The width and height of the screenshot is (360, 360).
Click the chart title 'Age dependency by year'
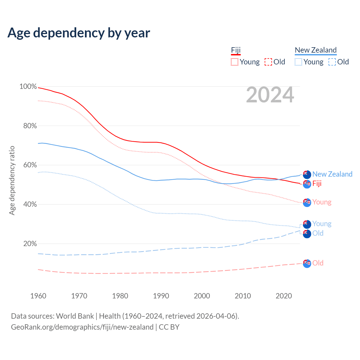tap(79, 33)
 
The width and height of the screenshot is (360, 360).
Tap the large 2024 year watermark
tap(270, 95)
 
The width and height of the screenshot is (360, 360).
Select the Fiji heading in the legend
tap(236, 50)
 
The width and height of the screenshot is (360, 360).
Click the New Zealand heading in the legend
tap(316, 50)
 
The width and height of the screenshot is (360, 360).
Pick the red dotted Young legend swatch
tap(235, 62)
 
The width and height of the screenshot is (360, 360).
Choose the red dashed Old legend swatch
tap(268, 62)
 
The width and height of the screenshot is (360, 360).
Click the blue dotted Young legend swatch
tap(298, 62)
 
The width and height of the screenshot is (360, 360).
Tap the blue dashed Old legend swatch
tap(332, 62)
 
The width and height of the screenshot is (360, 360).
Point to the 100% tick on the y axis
tap(28, 87)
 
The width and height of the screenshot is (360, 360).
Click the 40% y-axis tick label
tap(30, 204)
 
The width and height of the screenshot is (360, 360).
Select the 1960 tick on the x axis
tap(38, 296)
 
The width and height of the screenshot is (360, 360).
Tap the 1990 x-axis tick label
tap(161, 296)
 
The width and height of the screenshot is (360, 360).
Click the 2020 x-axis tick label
tap(284, 296)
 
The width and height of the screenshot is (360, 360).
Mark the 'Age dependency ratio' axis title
tap(12, 180)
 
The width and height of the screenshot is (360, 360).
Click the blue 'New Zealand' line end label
tap(332, 174)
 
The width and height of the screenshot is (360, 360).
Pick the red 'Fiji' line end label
tap(317, 184)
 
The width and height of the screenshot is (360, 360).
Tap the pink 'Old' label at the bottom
tap(318, 263)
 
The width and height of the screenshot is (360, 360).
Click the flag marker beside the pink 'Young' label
tap(307, 202)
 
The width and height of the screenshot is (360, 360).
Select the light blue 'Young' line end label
tap(322, 224)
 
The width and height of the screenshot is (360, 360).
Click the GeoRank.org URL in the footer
tap(82, 327)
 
